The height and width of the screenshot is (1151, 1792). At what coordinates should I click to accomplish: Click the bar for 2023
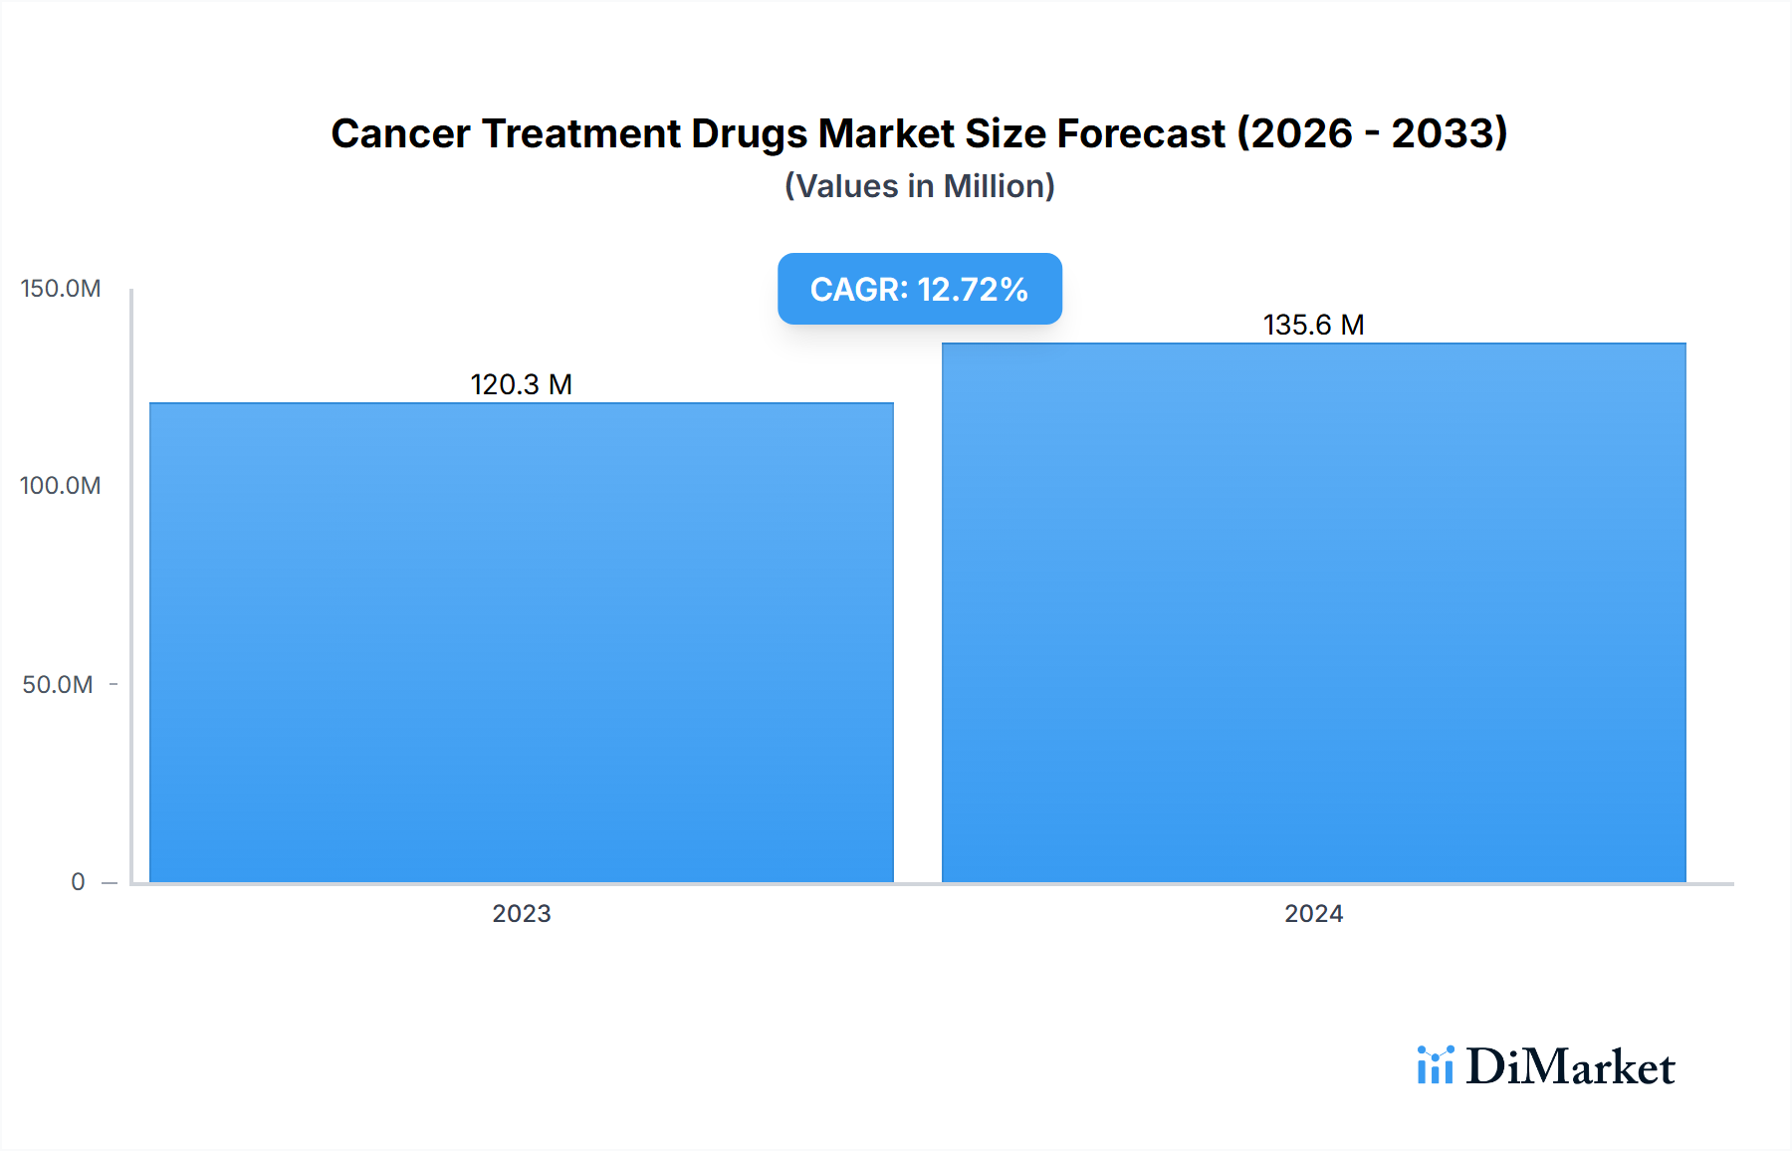click(x=521, y=642)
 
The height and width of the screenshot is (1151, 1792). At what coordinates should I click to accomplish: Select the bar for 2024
click(x=1313, y=612)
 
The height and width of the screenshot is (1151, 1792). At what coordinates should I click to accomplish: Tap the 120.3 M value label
click(x=521, y=384)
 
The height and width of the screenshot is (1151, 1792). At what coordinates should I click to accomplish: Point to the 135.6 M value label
click(x=1313, y=325)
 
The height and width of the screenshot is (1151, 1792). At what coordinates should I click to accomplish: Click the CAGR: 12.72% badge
click(x=919, y=289)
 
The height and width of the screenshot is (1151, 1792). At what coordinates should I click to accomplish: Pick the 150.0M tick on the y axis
click(x=61, y=289)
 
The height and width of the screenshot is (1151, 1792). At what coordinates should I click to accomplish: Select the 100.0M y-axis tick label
click(x=61, y=486)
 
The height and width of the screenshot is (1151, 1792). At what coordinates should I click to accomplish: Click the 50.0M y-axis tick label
click(x=58, y=684)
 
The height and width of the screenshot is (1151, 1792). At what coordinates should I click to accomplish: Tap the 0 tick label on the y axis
click(x=78, y=881)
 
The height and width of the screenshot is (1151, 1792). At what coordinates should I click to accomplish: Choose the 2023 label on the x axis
click(x=521, y=913)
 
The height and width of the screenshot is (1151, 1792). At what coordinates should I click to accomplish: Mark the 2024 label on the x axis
click(x=1313, y=913)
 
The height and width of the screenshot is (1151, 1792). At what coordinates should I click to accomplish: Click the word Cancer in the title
click(x=400, y=133)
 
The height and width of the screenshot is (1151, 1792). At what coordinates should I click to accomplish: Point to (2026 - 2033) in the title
click(x=1372, y=133)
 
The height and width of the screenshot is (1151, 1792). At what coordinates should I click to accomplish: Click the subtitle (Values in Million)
click(x=919, y=186)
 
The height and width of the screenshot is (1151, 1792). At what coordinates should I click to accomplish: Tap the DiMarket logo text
click(x=1570, y=1067)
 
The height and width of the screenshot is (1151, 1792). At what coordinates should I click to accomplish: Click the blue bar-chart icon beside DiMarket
click(x=1435, y=1065)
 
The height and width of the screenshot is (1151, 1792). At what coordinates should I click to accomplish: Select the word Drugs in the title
click(x=749, y=133)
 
